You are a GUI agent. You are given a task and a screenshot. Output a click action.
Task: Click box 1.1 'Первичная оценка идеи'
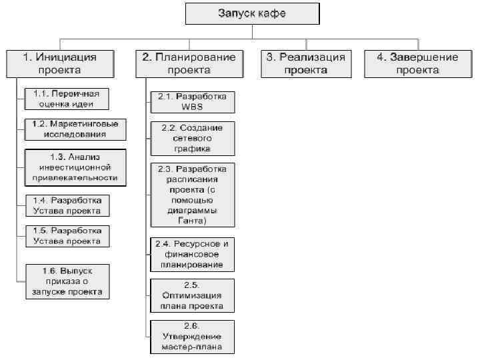coord(67,99)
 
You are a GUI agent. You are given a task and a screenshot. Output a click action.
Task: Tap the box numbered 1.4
coord(67,205)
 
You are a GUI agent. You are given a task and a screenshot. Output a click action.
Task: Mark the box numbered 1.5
coord(67,235)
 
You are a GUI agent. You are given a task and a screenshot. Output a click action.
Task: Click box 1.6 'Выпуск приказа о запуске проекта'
coord(67,281)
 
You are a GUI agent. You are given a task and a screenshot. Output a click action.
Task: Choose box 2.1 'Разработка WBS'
coord(192,101)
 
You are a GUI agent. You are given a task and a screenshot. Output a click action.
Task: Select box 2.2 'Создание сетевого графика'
coord(192,138)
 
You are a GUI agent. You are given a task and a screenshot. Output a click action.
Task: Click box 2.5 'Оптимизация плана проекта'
coord(192,296)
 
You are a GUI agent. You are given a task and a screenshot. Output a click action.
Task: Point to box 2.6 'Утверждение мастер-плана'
coord(192,337)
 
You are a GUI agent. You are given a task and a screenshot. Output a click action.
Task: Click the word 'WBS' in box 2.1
coord(192,107)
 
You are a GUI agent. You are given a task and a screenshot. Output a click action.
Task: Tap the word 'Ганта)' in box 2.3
coord(192,220)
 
